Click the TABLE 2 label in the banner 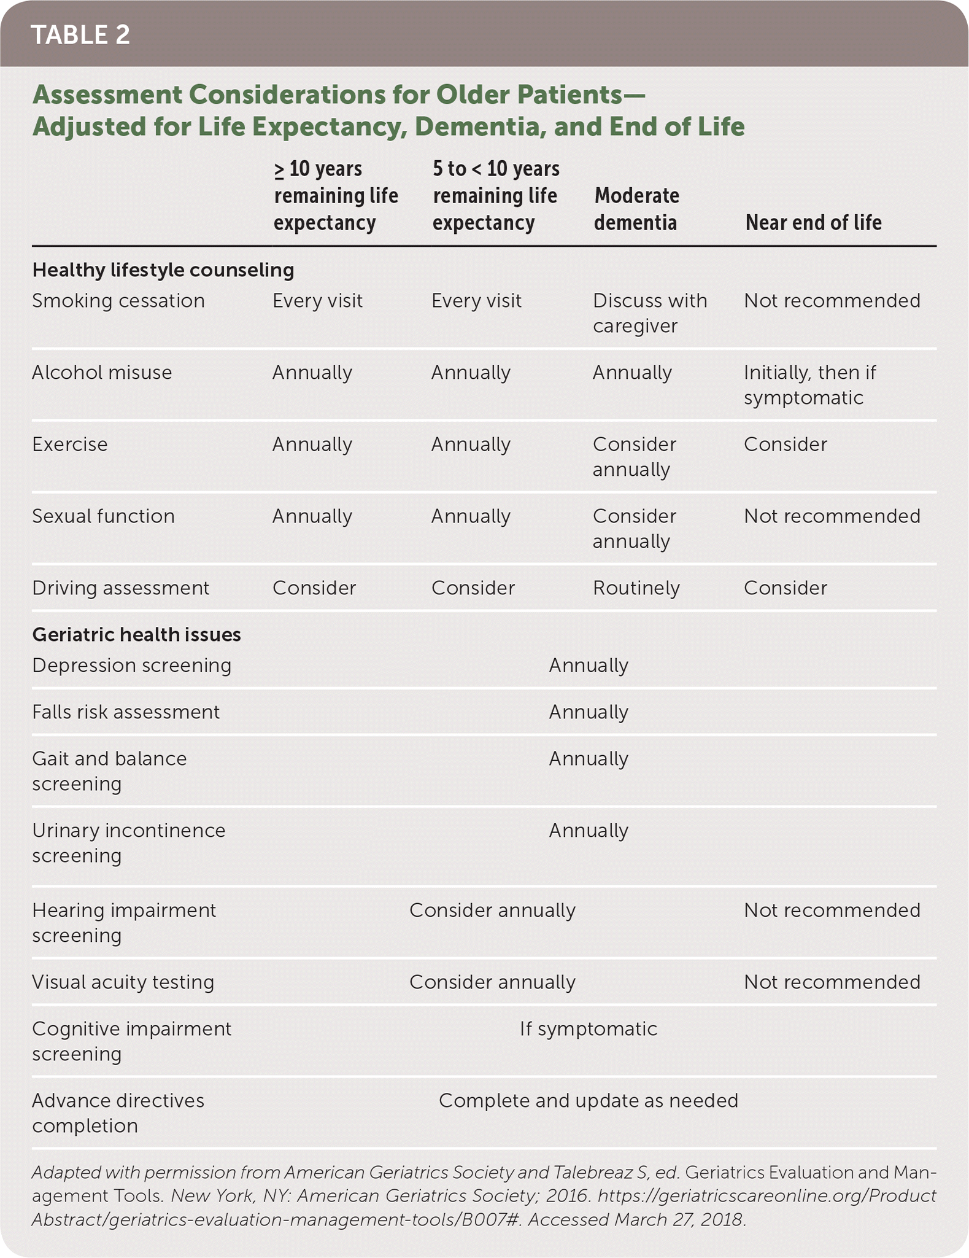80,35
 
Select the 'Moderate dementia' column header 636,209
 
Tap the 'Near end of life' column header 813,222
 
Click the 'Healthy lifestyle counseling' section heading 163,270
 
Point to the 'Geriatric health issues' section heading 136,634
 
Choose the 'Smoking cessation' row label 118,301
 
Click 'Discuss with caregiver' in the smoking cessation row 649,313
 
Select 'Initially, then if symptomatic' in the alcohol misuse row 809,385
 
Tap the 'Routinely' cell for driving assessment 636,588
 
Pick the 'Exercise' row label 70,445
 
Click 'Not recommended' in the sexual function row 832,516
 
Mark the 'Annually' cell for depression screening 589,666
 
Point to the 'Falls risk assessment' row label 126,712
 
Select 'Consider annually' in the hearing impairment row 492,910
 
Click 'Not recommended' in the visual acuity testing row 832,982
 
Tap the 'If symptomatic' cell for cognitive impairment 589,1029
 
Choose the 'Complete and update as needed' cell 589,1101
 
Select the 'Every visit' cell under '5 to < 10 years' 476,301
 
